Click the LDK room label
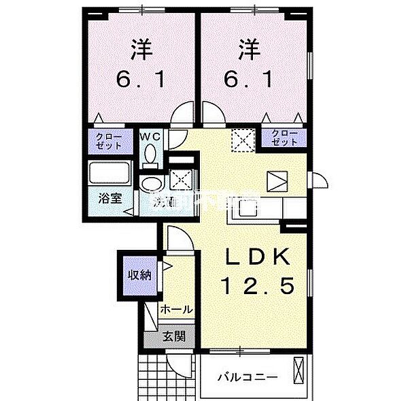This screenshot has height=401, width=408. coord(258,257)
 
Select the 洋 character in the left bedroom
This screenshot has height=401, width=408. coord(141,50)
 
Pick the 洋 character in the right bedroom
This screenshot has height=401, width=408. coord(248,50)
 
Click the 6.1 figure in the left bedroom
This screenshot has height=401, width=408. coord(141,80)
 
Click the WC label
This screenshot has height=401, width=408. coord(150,137)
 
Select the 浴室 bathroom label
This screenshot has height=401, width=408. coord(109,199)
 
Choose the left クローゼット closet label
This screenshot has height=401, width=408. coord(109,141)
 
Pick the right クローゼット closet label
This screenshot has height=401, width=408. coord(284,137)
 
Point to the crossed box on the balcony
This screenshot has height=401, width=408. coord(301,374)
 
